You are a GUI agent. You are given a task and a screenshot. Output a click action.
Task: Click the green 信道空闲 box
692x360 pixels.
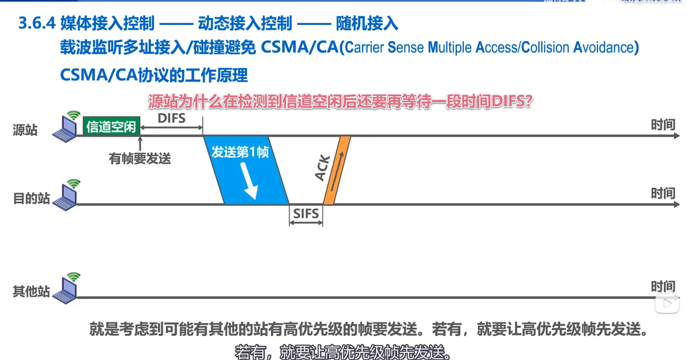[111, 126]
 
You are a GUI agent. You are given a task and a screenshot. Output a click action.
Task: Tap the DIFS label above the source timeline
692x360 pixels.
[171, 118]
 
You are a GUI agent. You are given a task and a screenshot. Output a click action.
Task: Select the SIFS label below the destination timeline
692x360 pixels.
[306, 214]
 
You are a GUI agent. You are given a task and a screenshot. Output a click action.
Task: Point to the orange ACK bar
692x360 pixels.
[337, 170]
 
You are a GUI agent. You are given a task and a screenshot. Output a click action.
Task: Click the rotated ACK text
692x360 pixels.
[322, 168]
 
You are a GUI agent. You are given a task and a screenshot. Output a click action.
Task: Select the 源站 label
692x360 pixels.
[25, 130]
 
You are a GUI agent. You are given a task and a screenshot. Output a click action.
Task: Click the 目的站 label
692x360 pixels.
[31, 198]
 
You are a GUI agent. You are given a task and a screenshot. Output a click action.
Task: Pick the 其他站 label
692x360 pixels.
[31, 291]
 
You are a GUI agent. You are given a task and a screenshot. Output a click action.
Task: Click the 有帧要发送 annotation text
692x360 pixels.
[140, 159]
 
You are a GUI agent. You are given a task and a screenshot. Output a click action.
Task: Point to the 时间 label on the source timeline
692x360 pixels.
[663, 125]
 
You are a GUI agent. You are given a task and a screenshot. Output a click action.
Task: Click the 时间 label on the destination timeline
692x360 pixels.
[663, 193]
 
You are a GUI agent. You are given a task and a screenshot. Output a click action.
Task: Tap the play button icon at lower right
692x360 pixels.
[667, 303]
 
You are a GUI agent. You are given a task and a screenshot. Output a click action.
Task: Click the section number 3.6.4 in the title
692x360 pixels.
[37, 24]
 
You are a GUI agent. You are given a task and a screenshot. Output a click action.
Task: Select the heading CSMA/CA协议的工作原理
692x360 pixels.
[154, 75]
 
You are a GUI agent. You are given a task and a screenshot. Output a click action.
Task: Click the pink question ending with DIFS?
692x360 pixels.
[340, 102]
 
